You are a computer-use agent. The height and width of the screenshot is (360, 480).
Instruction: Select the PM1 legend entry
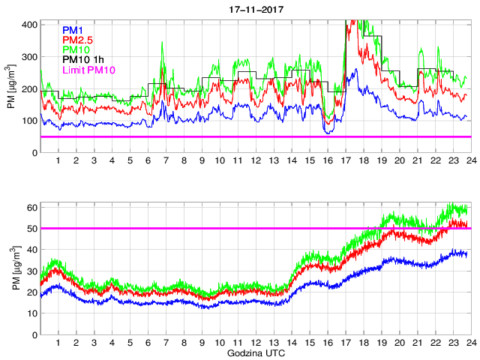pyautogui.click(x=73, y=30)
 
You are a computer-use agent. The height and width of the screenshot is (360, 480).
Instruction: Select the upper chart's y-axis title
pyautogui.click(x=11, y=88)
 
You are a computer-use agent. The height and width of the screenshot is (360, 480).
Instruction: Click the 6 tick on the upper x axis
pyautogui.click(x=148, y=161)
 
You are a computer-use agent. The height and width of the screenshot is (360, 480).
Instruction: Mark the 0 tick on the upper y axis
pyautogui.click(x=33, y=153)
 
